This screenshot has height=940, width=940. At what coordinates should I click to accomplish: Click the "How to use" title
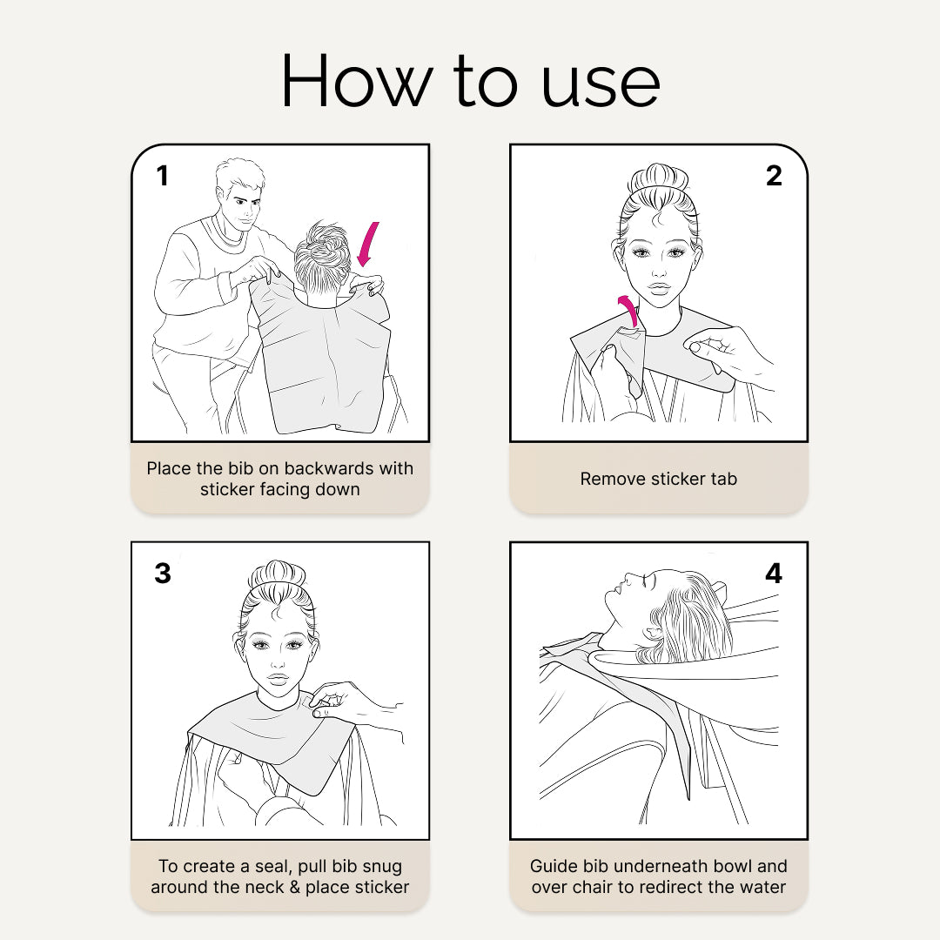point(471,81)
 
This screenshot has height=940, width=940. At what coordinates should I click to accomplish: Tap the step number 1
point(163,176)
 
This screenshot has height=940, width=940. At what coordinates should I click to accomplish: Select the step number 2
point(774,176)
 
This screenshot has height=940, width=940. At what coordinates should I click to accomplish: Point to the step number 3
point(163,573)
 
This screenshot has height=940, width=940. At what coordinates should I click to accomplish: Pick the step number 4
point(774,573)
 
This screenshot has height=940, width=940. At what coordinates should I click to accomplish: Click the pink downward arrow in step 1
point(367,244)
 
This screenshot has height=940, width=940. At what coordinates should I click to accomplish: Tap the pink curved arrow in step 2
point(629,310)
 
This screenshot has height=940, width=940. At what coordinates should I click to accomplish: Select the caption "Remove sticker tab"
point(658,479)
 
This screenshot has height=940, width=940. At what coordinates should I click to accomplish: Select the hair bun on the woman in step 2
point(658,178)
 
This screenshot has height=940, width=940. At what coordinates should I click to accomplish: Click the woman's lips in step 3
point(278,679)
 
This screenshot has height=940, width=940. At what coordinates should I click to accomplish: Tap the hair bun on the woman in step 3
point(278,574)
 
